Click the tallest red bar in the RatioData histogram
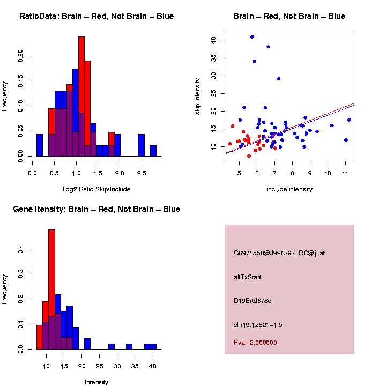(81, 96)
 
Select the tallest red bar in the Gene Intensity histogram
(52, 289)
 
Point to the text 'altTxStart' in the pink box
(248, 277)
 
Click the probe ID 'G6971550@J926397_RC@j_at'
(279, 253)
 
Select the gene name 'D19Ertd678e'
(253, 301)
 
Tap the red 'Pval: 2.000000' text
(255, 343)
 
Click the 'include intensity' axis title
(289, 189)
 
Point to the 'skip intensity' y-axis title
(198, 96)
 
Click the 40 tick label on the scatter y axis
(213, 40)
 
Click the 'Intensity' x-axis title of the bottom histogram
(96, 382)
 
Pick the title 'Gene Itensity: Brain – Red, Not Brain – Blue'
(96, 209)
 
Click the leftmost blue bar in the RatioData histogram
(40, 145)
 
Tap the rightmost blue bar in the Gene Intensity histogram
(153, 346)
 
